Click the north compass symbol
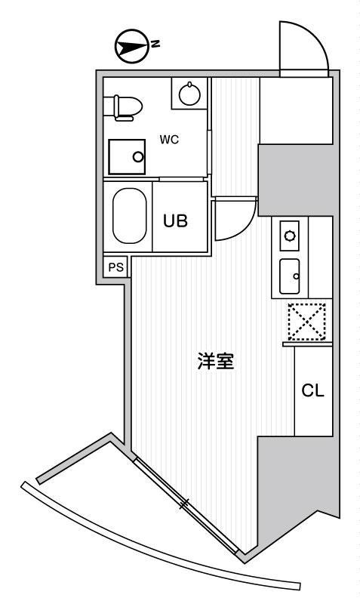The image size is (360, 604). click(x=132, y=46)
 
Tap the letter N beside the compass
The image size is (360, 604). click(x=155, y=44)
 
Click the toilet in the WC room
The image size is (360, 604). click(x=123, y=107)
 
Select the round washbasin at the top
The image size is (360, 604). click(x=189, y=94)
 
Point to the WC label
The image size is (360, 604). click(x=169, y=140)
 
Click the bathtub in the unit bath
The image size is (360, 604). click(x=129, y=216)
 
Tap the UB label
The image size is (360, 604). click(x=176, y=221)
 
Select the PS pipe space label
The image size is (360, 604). click(x=116, y=267)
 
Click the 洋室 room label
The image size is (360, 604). click(x=216, y=361)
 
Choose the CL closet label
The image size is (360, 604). click(x=312, y=390)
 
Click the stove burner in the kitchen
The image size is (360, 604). click(x=290, y=235)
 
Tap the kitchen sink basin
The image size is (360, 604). click(x=290, y=276)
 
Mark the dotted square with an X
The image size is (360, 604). click(x=307, y=322)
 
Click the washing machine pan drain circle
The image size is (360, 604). click(x=138, y=157)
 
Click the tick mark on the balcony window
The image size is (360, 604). click(x=184, y=504)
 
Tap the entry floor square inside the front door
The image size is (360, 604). click(x=296, y=110)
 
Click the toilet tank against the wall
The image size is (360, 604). click(x=109, y=107)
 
